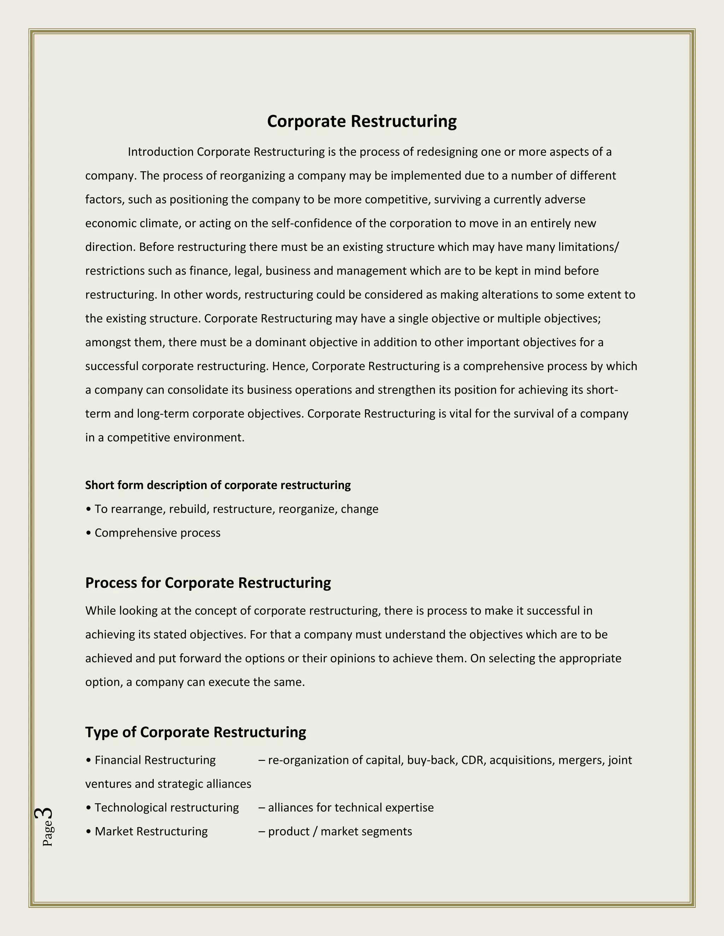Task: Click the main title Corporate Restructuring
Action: click(362, 121)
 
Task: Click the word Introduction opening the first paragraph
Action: click(160, 152)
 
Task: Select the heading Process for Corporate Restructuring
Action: click(208, 583)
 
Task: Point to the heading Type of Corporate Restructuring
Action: click(195, 732)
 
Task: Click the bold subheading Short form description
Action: click(218, 485)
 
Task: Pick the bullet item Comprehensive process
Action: click(157, 533)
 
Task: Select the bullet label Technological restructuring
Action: click(167, 807)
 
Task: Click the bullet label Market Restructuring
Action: click(151, 831)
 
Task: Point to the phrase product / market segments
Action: click(340, 831)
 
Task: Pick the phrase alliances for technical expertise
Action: click(350, 807)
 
